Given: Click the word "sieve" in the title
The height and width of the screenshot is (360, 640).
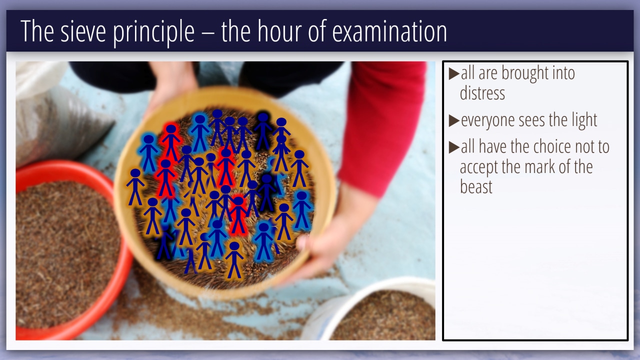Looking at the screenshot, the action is click(x=83, y=31).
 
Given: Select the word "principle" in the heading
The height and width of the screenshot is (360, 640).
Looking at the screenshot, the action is click(x=153, y=33).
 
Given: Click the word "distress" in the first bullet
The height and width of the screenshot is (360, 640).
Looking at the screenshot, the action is click(x=482, y=92).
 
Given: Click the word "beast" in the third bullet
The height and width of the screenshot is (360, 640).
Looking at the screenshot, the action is click(x=476, y=186).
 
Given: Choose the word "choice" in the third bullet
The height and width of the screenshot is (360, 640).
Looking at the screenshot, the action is click(x=551, y=146).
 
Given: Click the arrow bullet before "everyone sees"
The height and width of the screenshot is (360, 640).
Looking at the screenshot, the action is click(x=453, y=120).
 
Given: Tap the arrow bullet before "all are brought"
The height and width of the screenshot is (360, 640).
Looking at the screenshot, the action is click(x=453, y=73).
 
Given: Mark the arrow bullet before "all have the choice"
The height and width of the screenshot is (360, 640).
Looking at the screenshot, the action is click(x=453, y=147).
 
